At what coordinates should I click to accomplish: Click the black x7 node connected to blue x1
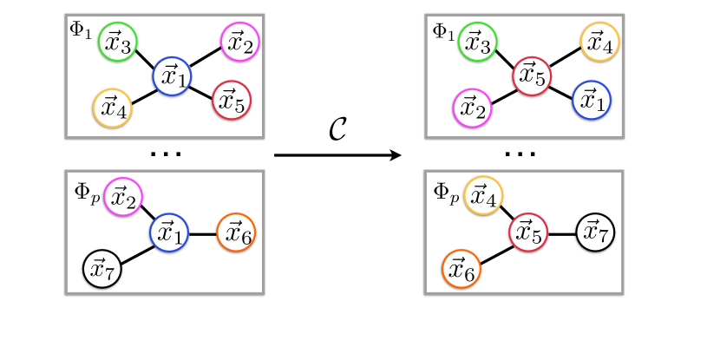101,270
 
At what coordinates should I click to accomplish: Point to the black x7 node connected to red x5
595,232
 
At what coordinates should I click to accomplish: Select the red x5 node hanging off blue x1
230,103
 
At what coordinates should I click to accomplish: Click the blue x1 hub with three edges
169,232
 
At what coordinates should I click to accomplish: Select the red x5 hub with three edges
528,232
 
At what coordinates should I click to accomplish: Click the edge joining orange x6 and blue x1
202,232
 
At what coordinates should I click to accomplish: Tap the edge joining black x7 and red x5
562,232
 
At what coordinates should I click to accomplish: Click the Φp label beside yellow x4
445,188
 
